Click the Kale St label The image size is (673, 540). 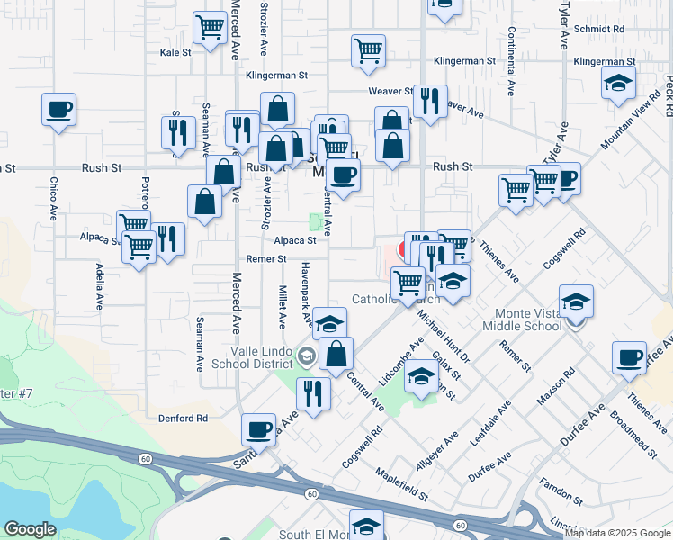point(175,53)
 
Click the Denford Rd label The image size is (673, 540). point(183,418)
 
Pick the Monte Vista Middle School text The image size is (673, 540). point(529,319)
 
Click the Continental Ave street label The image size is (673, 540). point(510,62)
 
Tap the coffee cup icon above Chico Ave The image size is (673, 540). point(58,110)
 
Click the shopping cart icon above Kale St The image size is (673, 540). point(210,28)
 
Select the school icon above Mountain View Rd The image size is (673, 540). point(618,84)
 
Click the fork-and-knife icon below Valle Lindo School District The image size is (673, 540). point(313,393)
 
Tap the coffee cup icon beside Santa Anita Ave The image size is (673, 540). point(259,429)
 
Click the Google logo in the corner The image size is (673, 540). point(30,529)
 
